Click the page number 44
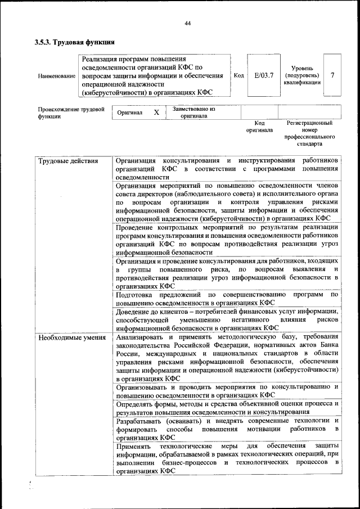[x=187, y=23]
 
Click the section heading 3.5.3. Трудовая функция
[x=75, y=42]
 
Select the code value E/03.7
[x=263, y=75]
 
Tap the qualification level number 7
[x=332, y=75]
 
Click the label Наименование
[x=56, y=76]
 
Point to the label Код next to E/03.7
[x=238, y=75]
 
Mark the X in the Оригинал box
[x=156, y=112]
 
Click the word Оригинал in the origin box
[x=130, y=112]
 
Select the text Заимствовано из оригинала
[x=193, y=112]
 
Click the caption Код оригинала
[x=259, y=127]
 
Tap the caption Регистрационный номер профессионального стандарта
[x=309, y=133]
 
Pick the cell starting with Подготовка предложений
[x=227, y=298]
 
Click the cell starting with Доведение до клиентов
[x=227, y=319]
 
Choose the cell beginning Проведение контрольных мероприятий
[x=227, y=240]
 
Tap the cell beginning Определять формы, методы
[x=227, y=407]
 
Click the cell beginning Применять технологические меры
[x=227, y=458]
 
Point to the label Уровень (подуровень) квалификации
[x=303, y=75]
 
